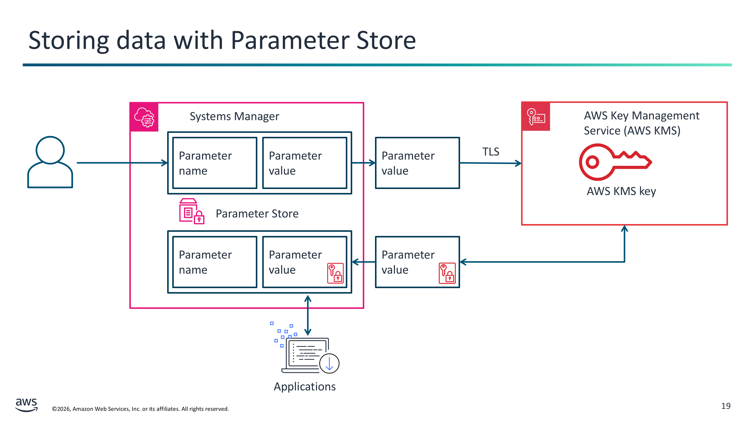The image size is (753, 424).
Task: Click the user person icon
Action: [x=50, y=162]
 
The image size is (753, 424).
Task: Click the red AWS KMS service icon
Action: [x=536, y=117]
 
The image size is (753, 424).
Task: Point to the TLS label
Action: [x=491, y=152]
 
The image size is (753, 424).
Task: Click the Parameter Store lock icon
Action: [x=191, y=211]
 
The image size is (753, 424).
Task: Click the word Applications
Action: [x=305, y=386]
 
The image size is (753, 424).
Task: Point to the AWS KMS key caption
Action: [x=621, y=191]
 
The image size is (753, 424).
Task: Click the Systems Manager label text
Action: [x=234, y=116]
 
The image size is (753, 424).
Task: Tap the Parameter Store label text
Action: [x=257, y=214]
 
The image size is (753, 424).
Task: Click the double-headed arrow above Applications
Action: [x=308, y=315]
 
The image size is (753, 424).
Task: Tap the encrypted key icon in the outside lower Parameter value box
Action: [x=447, y=273]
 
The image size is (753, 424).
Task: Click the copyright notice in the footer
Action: [x=140, y=409]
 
